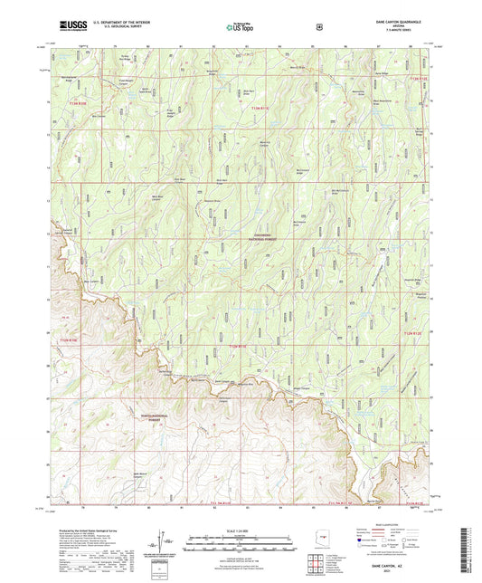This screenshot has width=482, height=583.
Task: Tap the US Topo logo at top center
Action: point(239,27)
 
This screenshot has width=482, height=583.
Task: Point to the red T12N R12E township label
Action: point(407,337)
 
